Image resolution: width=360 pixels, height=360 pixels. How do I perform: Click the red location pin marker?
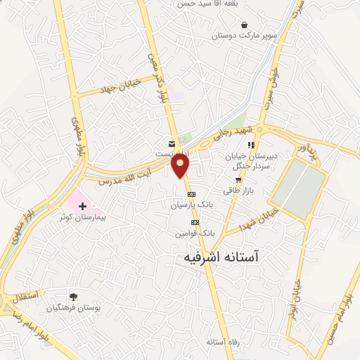click(x=181, y=165)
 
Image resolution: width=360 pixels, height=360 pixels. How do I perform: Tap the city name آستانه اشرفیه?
click(x=223, y=258)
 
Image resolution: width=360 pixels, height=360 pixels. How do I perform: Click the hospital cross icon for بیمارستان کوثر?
click(x=83, y=206)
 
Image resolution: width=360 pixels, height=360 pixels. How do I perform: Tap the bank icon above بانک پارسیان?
click(x=190, y=194)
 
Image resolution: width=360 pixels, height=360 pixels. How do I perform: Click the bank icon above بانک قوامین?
click(x=195, y=222)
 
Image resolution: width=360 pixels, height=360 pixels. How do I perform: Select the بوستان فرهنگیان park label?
click(x=73, y=308)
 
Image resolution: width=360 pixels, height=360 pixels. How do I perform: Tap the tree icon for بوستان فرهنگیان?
click(x=73, y=297)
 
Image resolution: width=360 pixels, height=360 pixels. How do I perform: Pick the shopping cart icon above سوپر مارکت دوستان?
click(x=244, y=22)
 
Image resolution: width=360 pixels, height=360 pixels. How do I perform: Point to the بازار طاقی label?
click(x=238, y=191)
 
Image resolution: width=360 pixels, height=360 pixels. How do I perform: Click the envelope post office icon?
click(x=172, y=143)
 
